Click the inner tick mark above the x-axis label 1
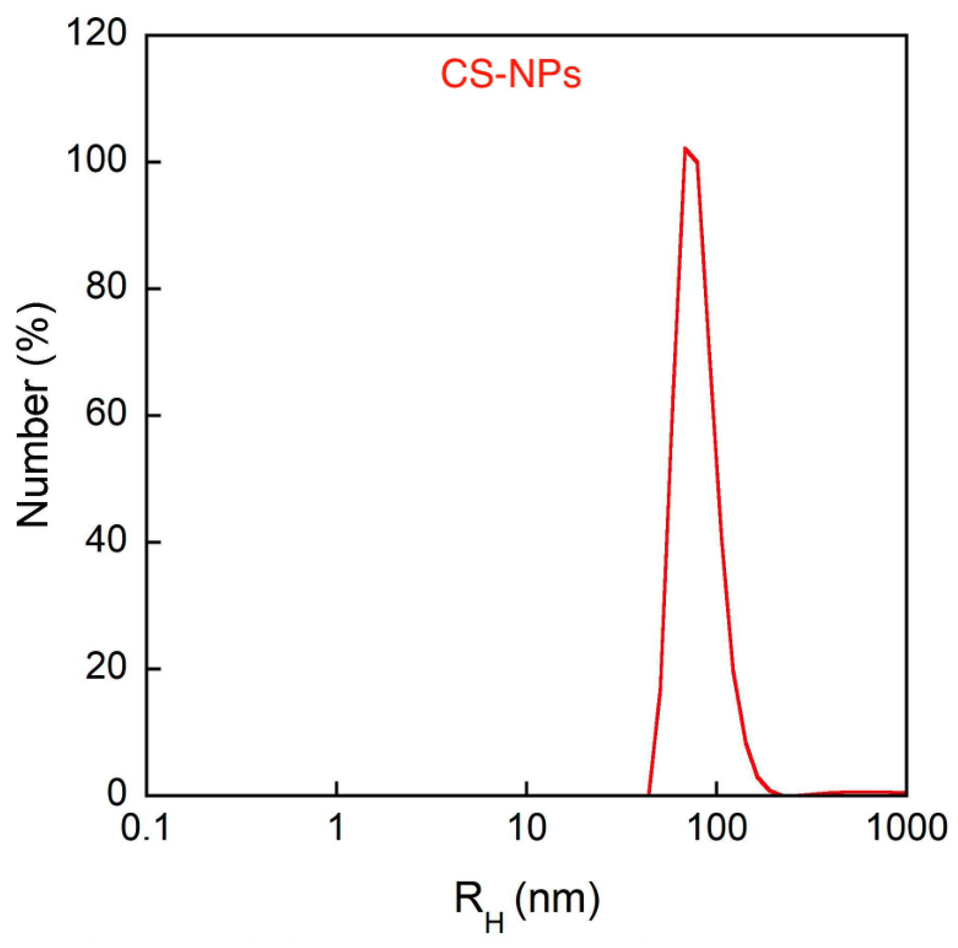click(337, 788)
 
